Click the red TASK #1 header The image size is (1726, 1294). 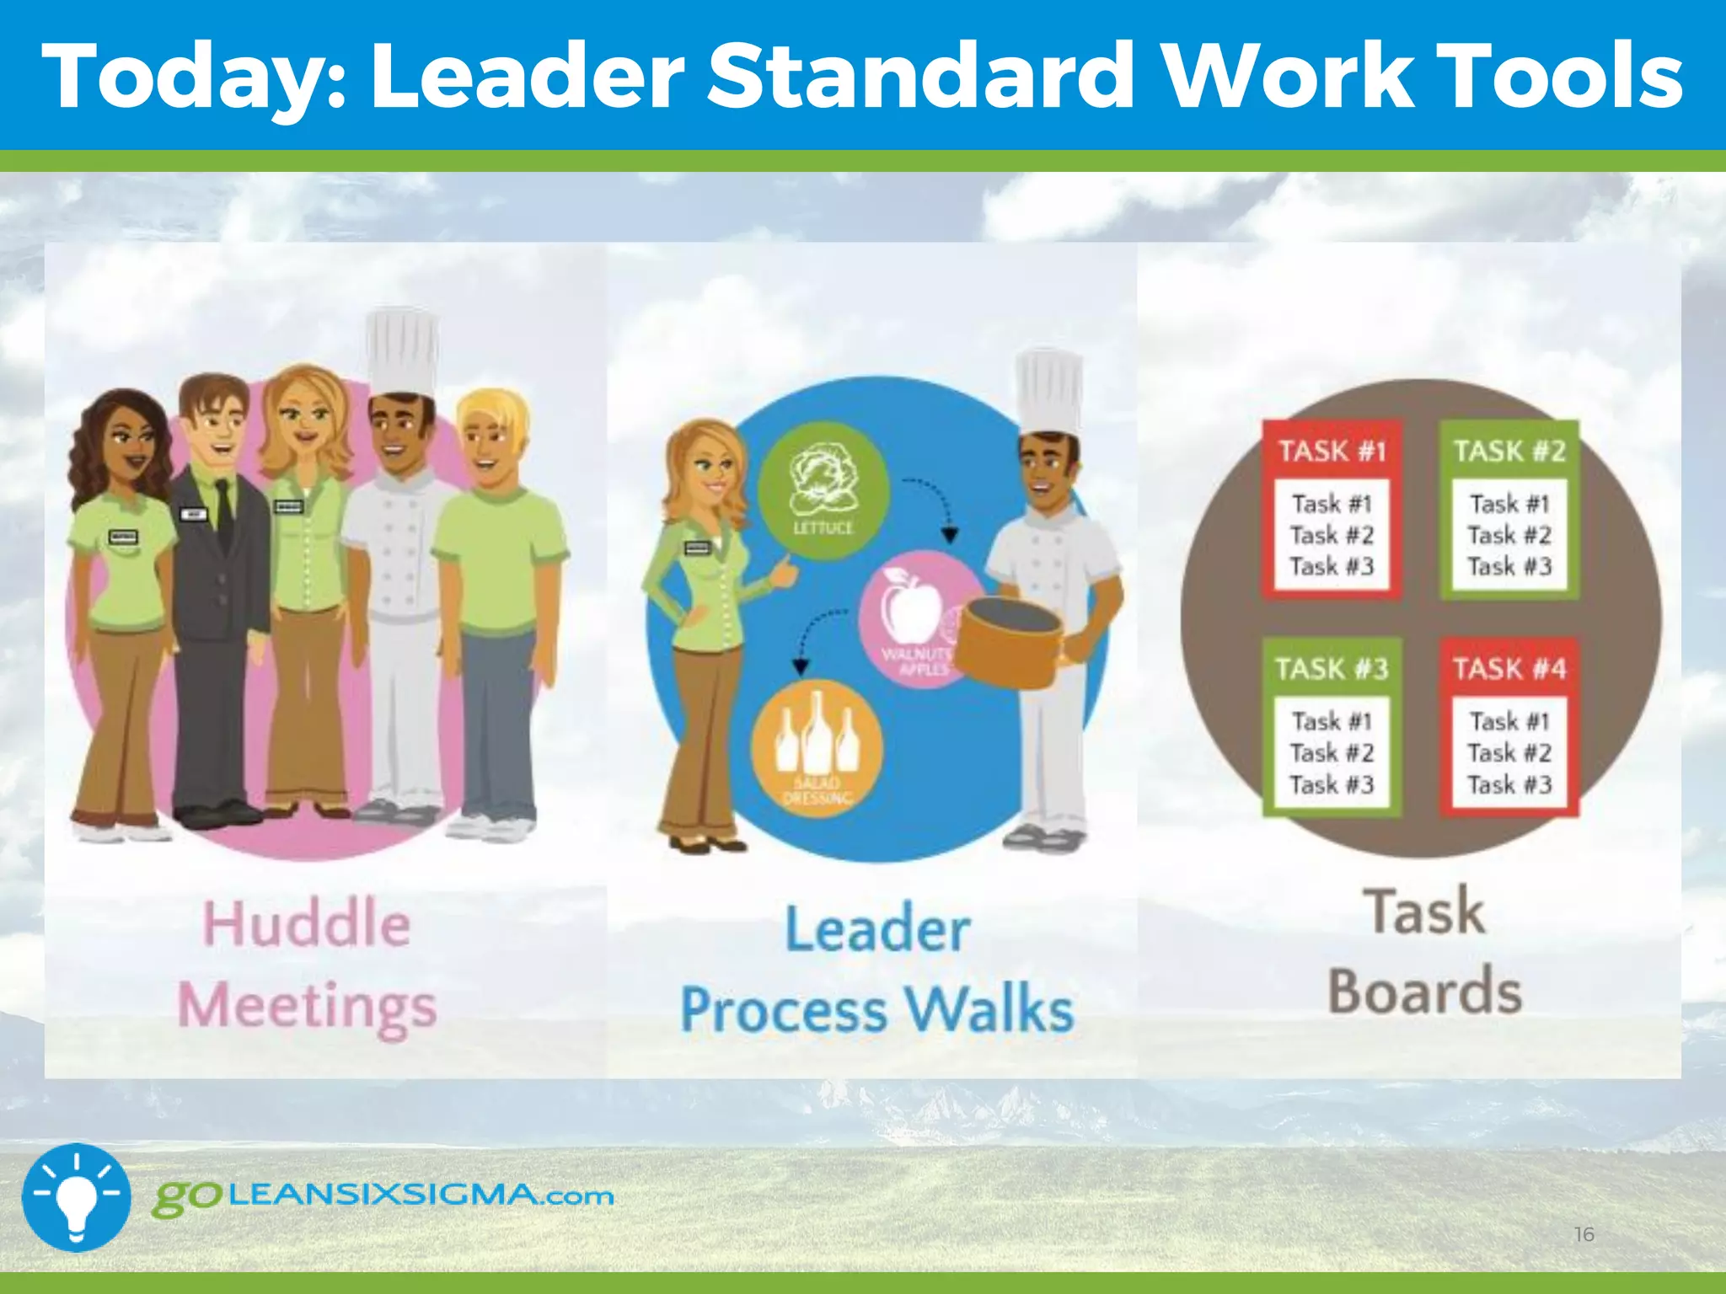(x=1332, y=451)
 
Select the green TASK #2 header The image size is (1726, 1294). (x=1509, y=451)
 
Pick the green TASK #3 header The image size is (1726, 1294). (x=1332, y=669)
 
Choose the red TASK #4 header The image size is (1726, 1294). (x=1509, y=669)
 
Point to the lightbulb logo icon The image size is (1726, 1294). (x=76, y=1196)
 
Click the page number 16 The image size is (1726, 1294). (x=1584, y=1234)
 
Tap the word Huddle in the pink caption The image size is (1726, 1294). (x=307, y=924)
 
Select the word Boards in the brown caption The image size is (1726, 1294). (x=1425, y=991)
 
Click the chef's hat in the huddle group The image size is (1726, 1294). (x=403, y=350)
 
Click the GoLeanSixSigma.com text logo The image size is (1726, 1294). (x=383, y=1196)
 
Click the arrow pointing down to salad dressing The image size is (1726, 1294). (x=813, y=636)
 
